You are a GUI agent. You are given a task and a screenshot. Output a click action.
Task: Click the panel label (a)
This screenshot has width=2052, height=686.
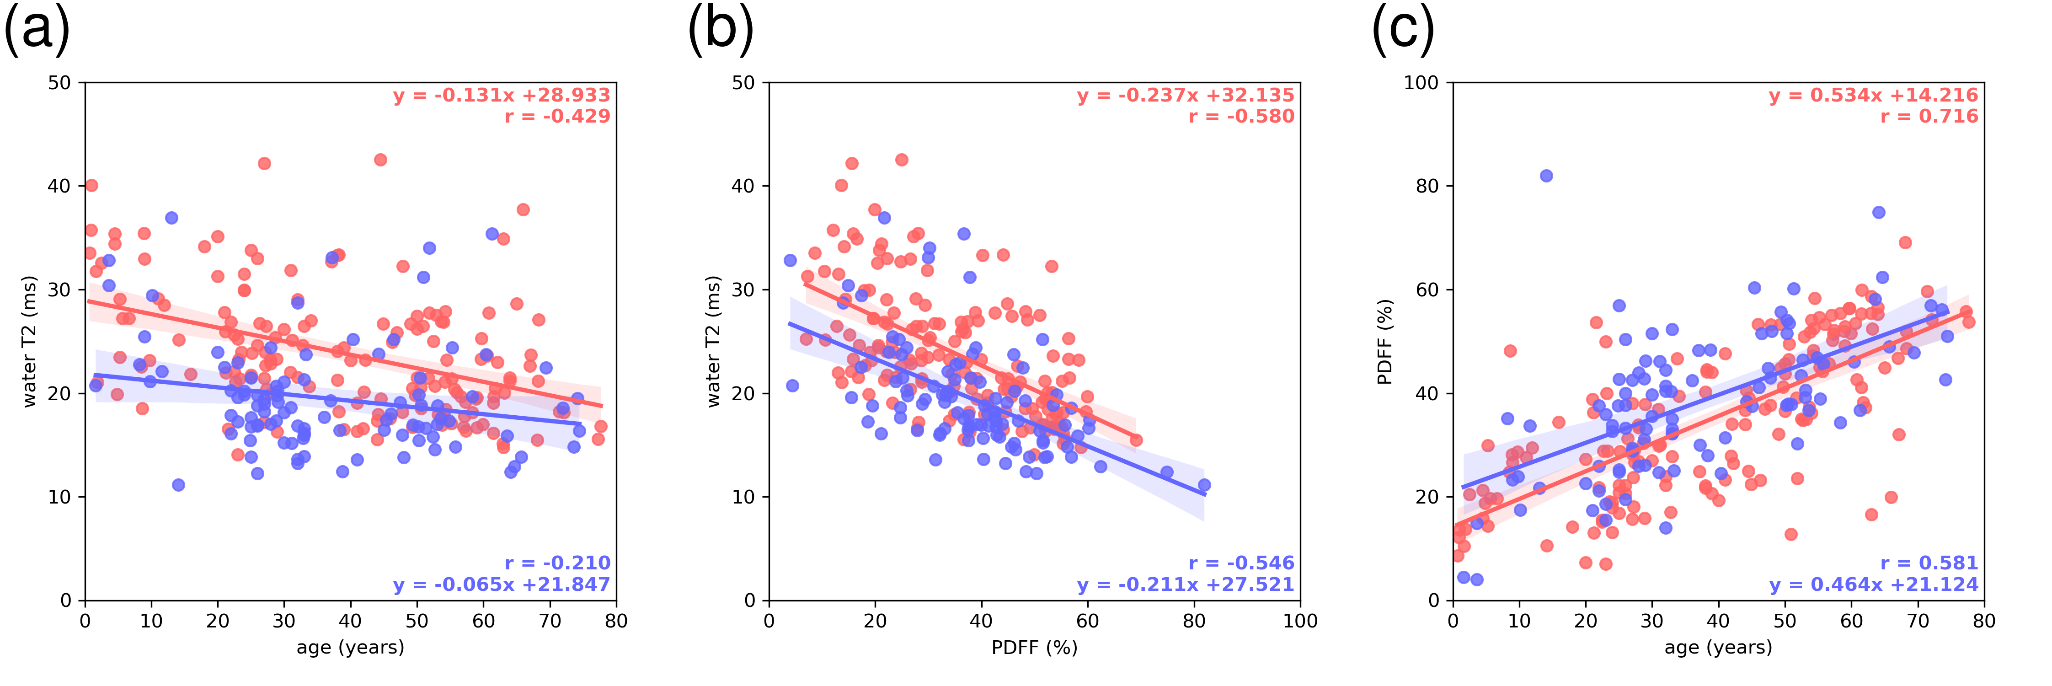37,30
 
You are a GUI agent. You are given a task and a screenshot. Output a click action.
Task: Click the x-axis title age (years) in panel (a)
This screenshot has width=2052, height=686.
351,648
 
